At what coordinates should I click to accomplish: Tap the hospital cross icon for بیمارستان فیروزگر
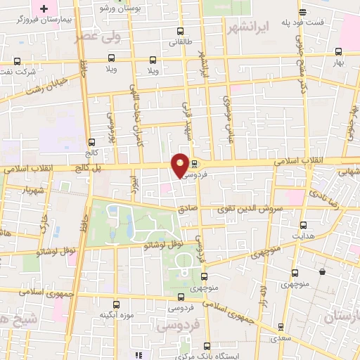(x=44, y=9)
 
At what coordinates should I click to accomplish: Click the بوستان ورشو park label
(x=146, y=8)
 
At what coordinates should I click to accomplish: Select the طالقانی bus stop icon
(x=181, y=31)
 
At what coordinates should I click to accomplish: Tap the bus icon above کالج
(x=93, y=141)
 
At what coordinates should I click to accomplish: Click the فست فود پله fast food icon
(x=302, y=12)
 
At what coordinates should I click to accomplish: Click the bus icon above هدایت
(x=303, y=225)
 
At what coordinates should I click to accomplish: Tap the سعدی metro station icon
(x=281, y=326)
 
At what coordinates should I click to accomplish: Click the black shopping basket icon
(x=322, y=272)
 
